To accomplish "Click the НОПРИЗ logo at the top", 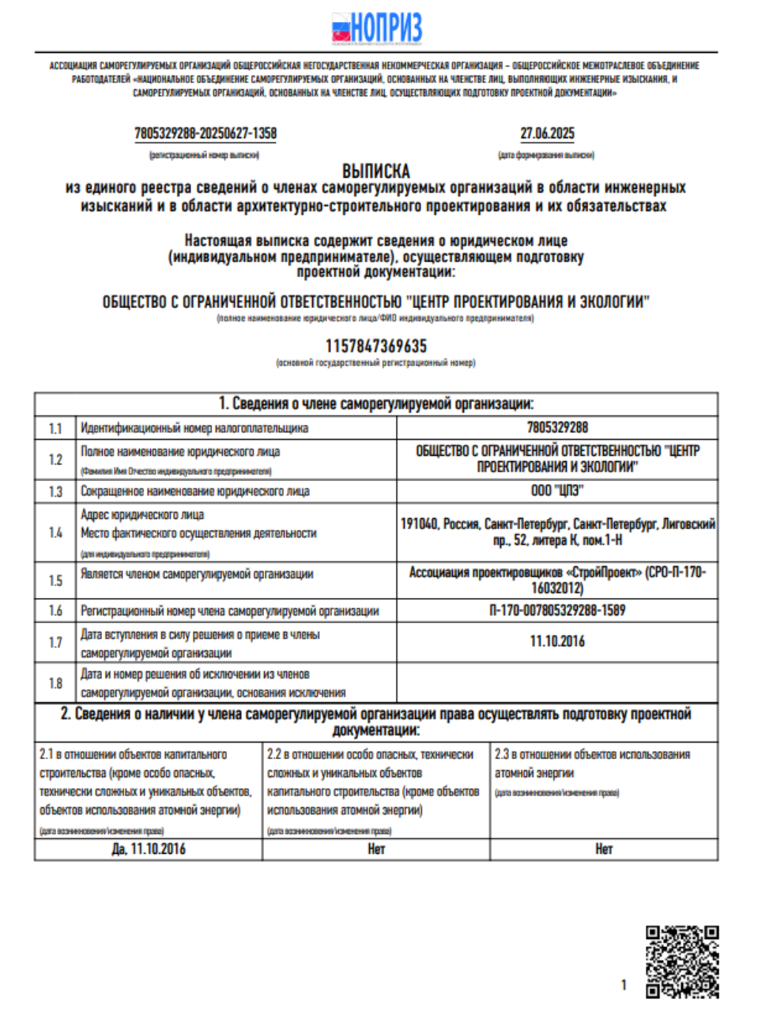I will [376, 28].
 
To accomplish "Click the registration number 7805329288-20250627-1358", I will [206, 133].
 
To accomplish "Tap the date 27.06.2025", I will [547, 133].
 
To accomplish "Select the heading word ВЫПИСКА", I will [376, 171].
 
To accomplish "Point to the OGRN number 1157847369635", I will [376, 346].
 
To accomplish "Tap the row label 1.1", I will [55, 428].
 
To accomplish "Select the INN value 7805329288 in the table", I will [557, 427].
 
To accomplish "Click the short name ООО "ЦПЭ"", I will [557, 490].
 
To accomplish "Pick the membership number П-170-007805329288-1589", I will [557, 611].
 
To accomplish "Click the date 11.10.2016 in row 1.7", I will [557, 641].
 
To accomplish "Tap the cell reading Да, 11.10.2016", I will [149, 849].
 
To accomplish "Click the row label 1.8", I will [55, 683].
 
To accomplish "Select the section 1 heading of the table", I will [376, 404].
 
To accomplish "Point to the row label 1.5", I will [55, 581].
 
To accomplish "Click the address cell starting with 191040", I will [557, 532].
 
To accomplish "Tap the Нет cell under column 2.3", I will [604, 849].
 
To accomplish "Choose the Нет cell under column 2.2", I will [376, 849].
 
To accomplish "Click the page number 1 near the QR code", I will [624, 985].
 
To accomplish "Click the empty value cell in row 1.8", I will [557, 683].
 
